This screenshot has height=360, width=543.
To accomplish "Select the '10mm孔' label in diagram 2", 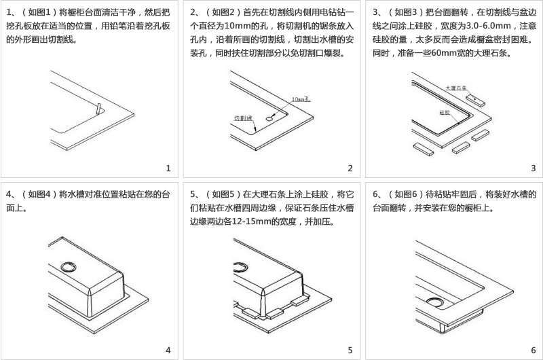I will pos(301,99).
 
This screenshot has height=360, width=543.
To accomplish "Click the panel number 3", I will pos(533,168).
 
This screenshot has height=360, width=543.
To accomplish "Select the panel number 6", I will pos(533,350).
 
